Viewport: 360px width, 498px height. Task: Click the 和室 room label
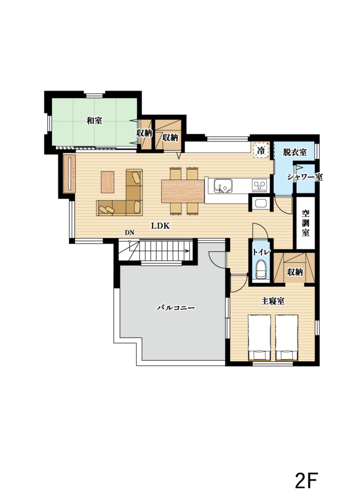click(x=95, y=121)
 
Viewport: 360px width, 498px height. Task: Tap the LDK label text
click(x=160, y=226)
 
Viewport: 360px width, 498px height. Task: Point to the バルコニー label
click(x=176, y=308)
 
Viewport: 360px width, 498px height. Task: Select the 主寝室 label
click(x=272, y=301)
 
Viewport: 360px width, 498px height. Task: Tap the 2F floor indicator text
click(x=306, y=481)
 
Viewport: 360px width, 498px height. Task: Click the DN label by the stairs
click(x=129, y=232)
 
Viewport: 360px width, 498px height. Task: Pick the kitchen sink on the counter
click(x=223, y=185)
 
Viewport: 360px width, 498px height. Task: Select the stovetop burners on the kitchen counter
click(x=260, y=185)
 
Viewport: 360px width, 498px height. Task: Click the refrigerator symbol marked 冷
click(x=261, y=150)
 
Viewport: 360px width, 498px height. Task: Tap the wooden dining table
click(x=183, y=191)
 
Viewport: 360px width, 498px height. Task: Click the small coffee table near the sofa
click(x=108, y=182)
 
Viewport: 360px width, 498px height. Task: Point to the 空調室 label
click(x=306, y=223)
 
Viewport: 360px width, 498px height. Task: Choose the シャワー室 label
click(x=305, y=177)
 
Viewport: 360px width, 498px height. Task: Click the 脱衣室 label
click(x=295, y=152)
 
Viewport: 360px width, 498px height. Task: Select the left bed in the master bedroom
click(x=259, y=338)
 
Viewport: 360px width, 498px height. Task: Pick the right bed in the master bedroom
click(x=287, y=338)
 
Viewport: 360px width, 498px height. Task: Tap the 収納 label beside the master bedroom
click(x=295, y=272)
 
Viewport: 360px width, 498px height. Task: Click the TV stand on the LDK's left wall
click(x=69, y=173)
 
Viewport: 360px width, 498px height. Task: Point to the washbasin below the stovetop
click(x=261, y=204)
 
